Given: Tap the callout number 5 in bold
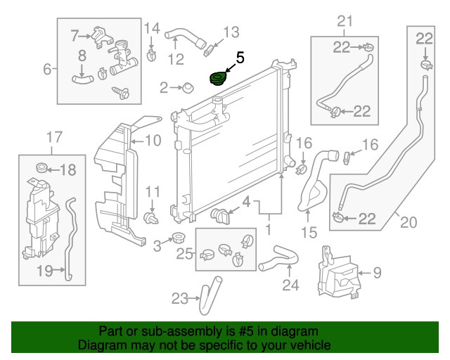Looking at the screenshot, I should [240, 58].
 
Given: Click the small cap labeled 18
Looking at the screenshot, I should [41, 169].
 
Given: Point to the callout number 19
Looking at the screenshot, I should [44, 270].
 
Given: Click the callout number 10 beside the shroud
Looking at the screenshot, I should [153, 140].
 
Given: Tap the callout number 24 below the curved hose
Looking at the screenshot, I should [290, 285].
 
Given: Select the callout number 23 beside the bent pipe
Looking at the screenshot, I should [179, 298].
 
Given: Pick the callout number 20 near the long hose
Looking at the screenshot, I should [409, 223].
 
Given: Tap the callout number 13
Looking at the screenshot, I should [231, 32].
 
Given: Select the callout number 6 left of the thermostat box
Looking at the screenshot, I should [48, 69].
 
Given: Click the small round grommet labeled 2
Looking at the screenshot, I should [188, 89].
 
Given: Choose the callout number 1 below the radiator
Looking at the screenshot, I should [267, 230].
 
